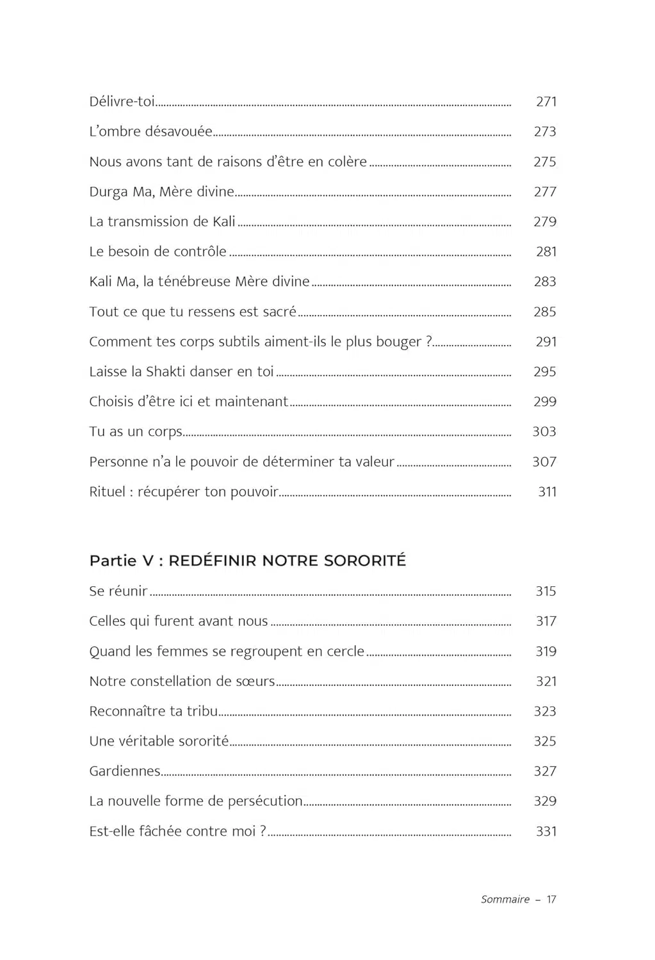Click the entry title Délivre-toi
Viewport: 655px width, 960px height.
click(122, 102)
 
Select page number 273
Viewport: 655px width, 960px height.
click(545, 132)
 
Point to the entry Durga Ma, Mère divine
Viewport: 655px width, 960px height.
click(162, 192)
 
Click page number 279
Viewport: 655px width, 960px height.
click(545, 222)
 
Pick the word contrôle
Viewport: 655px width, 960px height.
click(200, 252)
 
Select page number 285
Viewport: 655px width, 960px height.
click(545, 312)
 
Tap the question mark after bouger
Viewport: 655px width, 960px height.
click(429, 342)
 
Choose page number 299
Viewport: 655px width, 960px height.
click(545, 402)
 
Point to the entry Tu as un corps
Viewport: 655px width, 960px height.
click(136, 432)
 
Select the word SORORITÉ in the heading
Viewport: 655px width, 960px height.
click(365, 561)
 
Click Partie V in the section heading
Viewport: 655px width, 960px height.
click(122, 561)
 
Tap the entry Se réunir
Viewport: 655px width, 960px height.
click(118, 591)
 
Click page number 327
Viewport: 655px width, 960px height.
click(545, 772)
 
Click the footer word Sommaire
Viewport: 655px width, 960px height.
click(505, 900)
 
